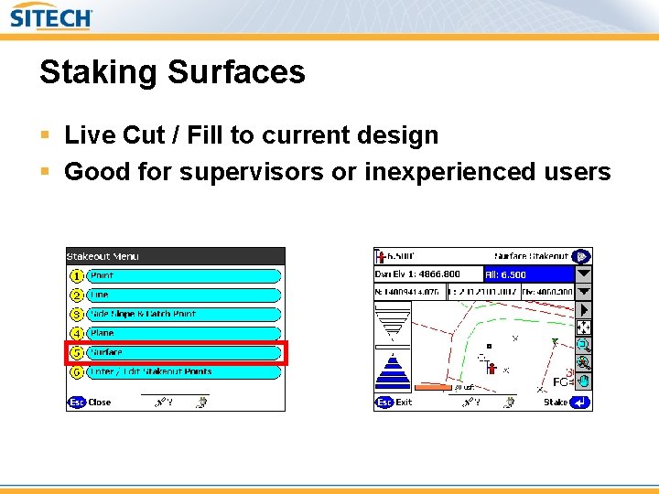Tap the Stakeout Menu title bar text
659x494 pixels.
103,257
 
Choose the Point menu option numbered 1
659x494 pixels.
183,275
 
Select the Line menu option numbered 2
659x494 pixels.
183,295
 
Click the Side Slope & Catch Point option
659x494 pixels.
183,314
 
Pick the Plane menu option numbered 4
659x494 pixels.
183,333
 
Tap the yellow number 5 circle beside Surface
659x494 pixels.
77,352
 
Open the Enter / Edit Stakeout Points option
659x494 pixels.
183,371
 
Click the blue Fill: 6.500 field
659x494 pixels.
527,274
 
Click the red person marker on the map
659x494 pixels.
492,368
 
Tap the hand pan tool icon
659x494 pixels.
583,381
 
